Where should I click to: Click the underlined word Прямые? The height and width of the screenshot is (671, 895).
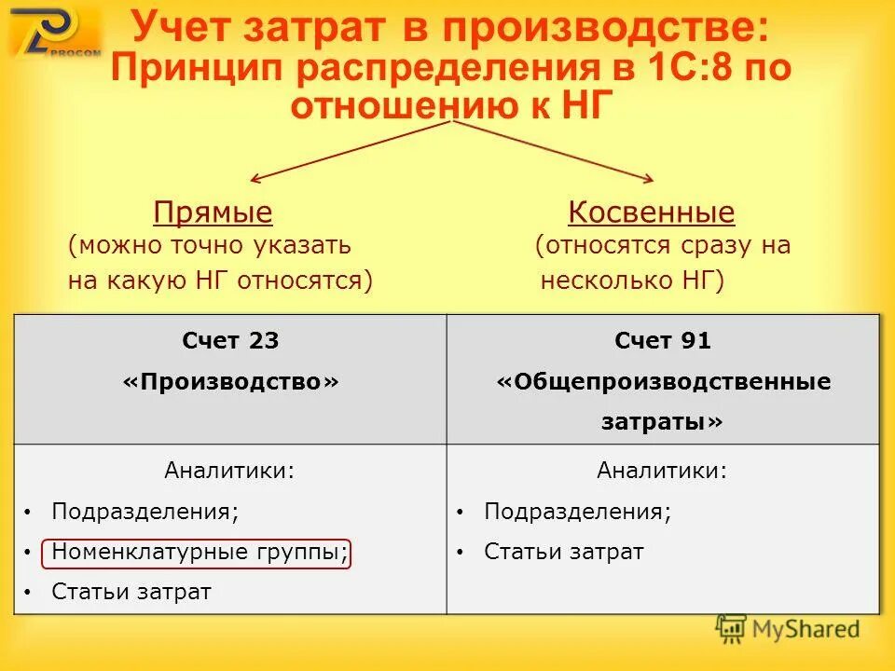pyautogui.click(x=213, y=213)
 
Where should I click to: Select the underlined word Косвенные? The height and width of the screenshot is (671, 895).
pyautogui.click(x=651, y=213)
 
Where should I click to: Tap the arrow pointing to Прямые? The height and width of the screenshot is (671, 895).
pyautogui.click(x=345, y=152)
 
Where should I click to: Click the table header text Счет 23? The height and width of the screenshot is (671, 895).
pyautogui.click(x=230, y=341)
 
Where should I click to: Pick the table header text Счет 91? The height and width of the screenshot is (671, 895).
pyautogui.click(x=663, y=341)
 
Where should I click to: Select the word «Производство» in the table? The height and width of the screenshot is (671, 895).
pyautogui.click(x=230, y=382)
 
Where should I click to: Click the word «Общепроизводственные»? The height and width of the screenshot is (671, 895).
pyautogui.click(x=663, y=382)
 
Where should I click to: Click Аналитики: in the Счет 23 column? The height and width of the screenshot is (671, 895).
pyautogui.click(x=229, y=471)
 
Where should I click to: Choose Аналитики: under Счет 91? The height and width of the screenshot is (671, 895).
pyautogui.click(x=662, y=471)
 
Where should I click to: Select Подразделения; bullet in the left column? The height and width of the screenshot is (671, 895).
pyautogui.click(x=145, y=512)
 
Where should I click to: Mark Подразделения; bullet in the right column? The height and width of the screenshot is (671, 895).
pyautogui.click(x=577, y=512)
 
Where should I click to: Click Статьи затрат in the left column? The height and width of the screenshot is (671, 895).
pyautogui.click(x=131, y=592)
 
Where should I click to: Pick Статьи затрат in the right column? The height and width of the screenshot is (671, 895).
pyautogui.click(x=563, y=552)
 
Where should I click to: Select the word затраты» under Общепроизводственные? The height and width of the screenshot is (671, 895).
pyautogui.click(x=662, y=422)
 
